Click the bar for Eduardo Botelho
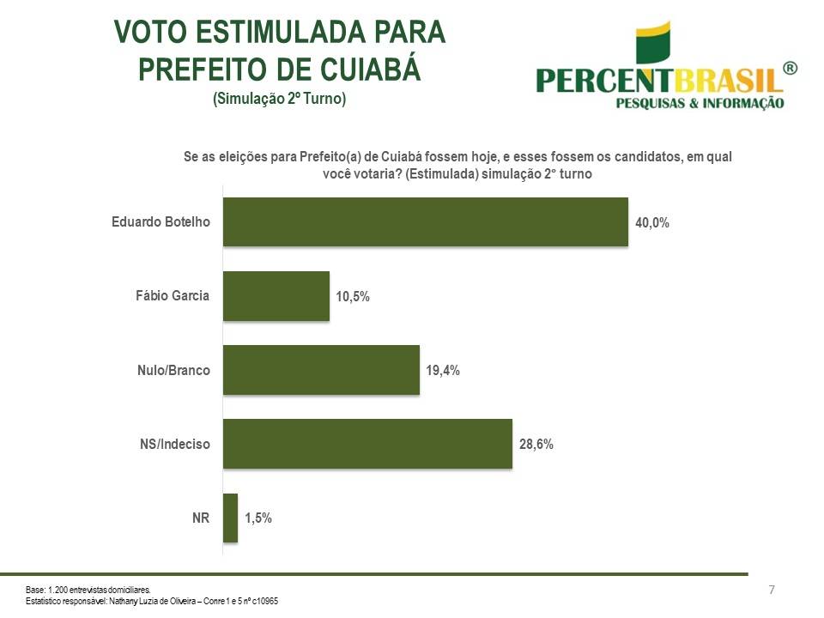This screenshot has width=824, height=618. (426, 222)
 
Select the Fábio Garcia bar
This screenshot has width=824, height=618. (276, 296)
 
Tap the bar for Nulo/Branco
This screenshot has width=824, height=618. (321, 370)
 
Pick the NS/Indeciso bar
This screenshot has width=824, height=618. (367, 444)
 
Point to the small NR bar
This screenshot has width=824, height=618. (230, 518)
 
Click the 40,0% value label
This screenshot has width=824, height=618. (652, 222)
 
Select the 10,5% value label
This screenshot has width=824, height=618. (353, 297)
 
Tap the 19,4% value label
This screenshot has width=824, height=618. (443, 371)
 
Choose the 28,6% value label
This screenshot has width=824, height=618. (536, 445)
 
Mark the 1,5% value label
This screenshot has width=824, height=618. (258, 518)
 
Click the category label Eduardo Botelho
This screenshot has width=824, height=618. (161, 222)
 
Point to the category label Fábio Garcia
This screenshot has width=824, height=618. (173, 296)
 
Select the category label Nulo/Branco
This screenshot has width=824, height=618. (173, 370)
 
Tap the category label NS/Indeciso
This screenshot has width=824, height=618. (175, 444)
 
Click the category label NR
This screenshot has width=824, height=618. (201, 518)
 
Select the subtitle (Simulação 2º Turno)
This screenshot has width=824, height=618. (279, 99)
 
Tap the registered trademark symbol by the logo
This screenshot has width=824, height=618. (791, 69)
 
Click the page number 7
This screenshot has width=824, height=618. (772, 590)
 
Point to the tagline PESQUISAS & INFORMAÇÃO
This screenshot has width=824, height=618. (700, 104)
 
